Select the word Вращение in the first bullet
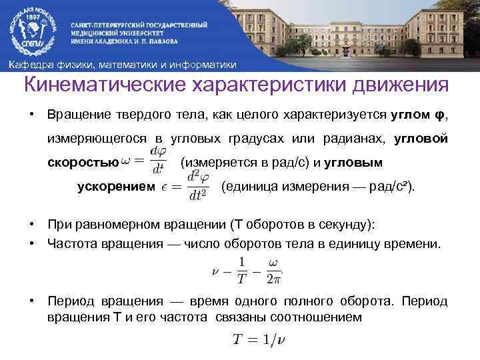[74, 115]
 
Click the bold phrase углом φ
[417, 115]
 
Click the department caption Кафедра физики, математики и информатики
[121, 65]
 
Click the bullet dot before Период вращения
[32, 301]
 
